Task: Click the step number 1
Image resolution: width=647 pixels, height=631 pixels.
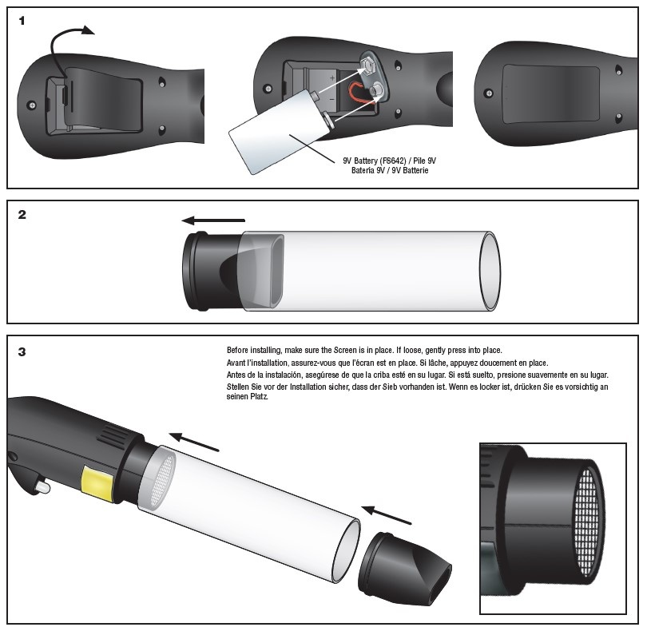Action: (x=22, y=21)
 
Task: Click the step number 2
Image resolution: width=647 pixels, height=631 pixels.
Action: (x=22, y=215)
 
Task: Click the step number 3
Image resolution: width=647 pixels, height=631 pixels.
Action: (x=22, y=352)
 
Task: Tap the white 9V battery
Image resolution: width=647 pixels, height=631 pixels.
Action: (x=280, y=131)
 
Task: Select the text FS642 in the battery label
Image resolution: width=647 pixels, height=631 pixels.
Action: (x=392, y=161)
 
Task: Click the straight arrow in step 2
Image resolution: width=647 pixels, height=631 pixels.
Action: (x=213, y=220)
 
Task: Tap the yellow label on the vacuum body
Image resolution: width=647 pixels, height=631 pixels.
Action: (x=97, y=483)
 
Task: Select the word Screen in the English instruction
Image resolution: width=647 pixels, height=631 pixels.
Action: (x=345, y=351)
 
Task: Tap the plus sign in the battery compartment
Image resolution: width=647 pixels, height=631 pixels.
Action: (x=332, y=78)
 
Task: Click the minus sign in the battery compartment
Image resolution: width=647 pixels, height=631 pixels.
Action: (x=332, y=100)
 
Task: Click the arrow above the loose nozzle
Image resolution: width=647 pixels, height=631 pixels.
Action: (x=387, y=514)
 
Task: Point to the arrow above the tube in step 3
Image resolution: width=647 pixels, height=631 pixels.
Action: (x=193, y=442)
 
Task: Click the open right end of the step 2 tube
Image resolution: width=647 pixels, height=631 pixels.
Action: (x=490, y=271)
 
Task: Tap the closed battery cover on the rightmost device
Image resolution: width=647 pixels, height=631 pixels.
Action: (x=551, y=94)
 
